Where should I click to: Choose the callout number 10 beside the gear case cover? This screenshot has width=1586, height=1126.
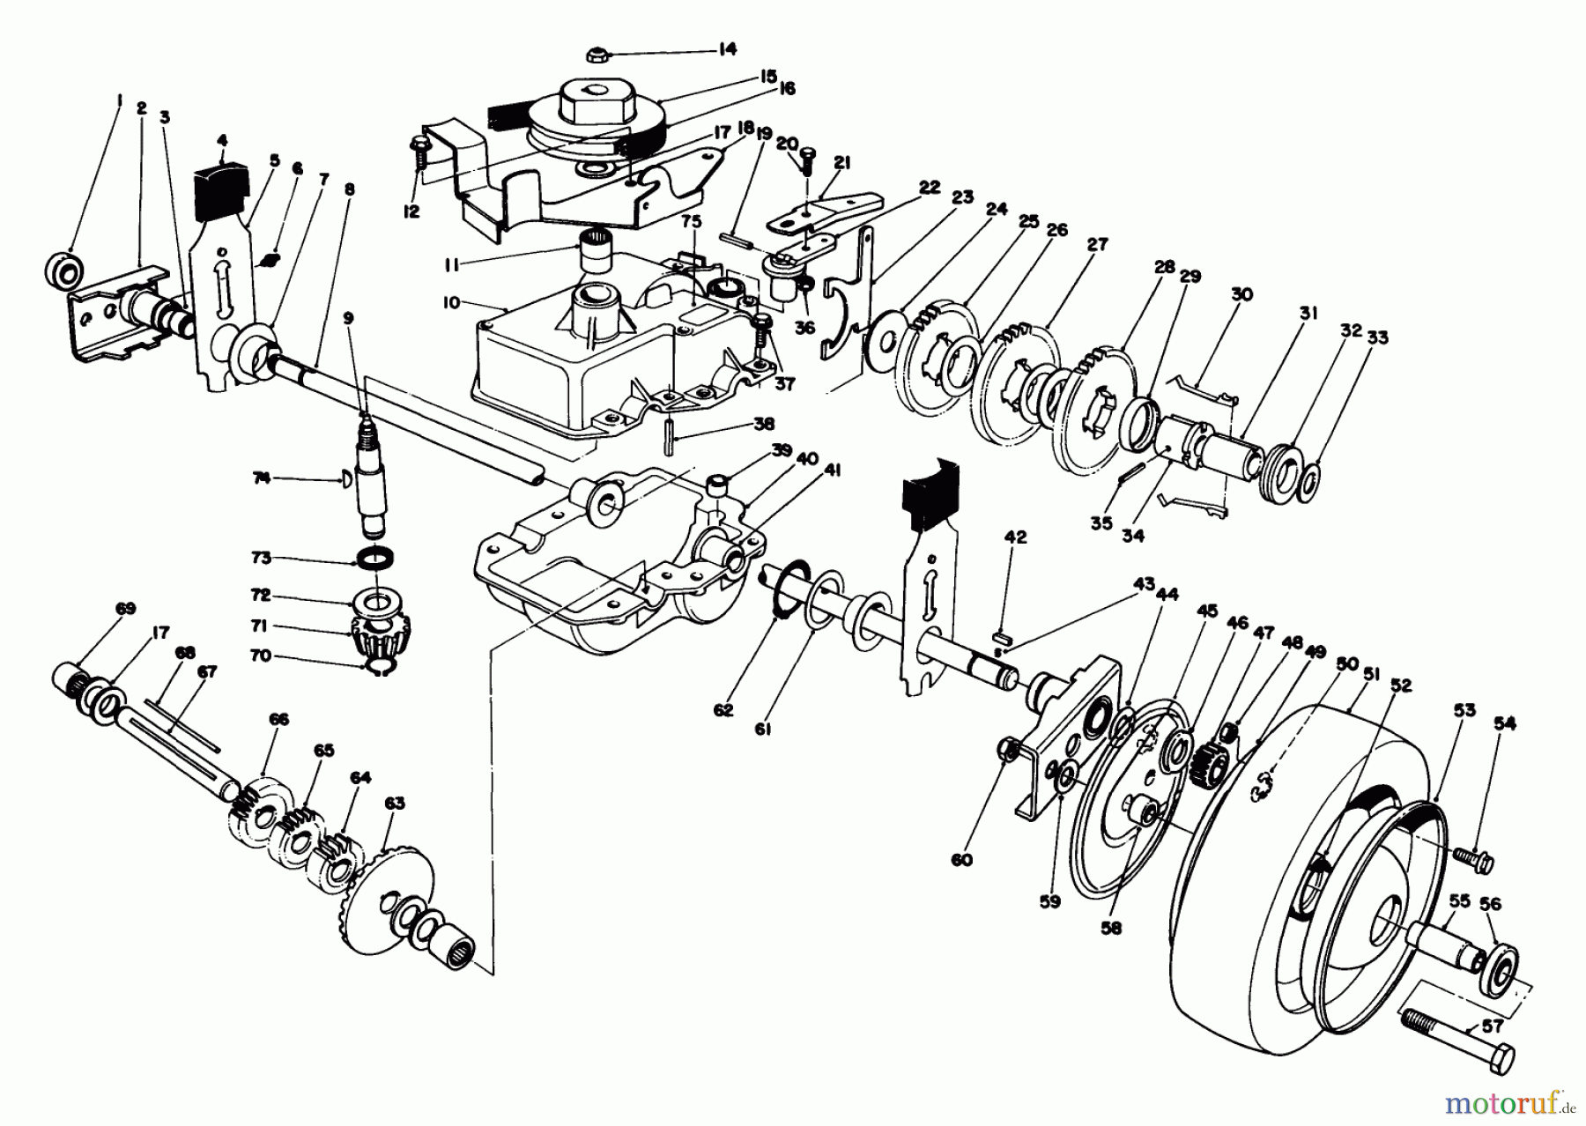coord(451,302)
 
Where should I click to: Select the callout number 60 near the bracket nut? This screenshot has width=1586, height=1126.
coord(961,860)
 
